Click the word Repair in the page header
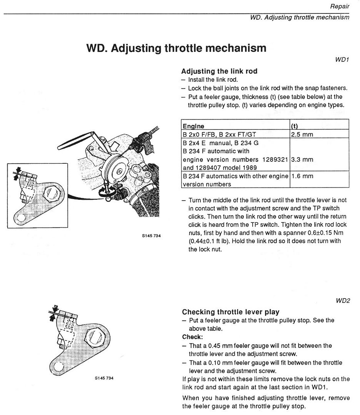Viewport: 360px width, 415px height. (340, 6)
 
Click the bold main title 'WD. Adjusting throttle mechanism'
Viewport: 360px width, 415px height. (177, 48)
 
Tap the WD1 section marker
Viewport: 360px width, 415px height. (342, 60)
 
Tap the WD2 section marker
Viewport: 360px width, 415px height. (342, 301)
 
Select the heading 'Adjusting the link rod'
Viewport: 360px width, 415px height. (219, 71)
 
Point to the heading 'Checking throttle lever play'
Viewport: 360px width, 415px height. (230, 312)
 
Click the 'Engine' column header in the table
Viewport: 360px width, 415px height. (193, 126)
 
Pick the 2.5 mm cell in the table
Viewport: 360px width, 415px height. (302, 134)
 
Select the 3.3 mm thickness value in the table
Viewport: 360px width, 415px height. (302, 159)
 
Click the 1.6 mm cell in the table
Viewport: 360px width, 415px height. (302, 176)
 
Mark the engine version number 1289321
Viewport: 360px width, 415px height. (274, 159)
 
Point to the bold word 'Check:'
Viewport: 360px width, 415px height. (192, 337)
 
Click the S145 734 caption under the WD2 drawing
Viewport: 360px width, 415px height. (104, 378)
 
